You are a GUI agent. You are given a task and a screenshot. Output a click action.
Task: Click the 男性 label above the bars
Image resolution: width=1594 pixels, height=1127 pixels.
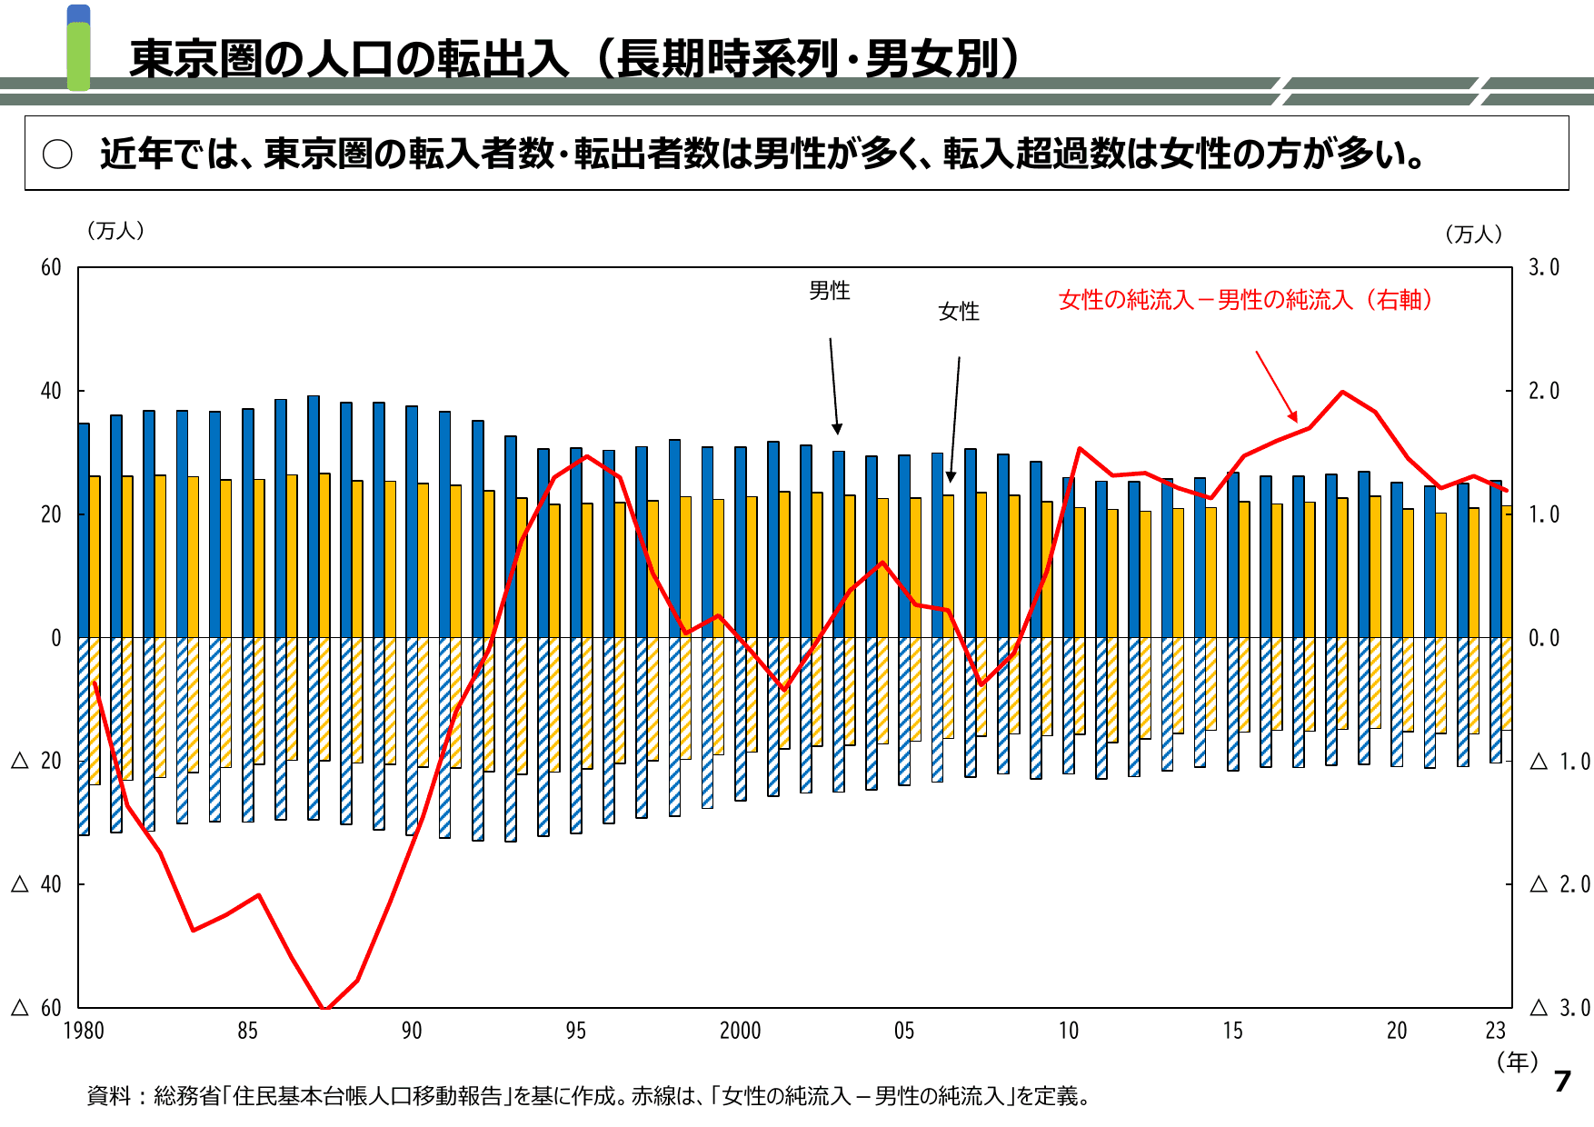tap(829, 291)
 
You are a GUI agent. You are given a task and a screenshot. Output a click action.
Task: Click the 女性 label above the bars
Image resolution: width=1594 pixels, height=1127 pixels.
tap(958, 312)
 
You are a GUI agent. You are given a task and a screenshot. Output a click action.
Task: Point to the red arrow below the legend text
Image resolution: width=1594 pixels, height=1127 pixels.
tap(1276, 386)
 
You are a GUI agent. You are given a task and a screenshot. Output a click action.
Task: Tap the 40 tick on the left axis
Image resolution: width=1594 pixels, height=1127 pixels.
tap(51, 392)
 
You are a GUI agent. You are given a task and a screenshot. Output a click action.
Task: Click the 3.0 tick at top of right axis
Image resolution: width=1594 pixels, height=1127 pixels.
tap(1543, 267)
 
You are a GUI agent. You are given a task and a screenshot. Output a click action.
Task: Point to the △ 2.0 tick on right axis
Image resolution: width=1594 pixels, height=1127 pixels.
tap(1559, 884)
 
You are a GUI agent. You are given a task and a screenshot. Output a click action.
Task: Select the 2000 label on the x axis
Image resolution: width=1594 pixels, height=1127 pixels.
tap(740, 1031)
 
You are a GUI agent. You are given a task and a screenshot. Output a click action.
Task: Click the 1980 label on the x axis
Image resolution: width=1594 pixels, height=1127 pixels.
tap(84, 1031)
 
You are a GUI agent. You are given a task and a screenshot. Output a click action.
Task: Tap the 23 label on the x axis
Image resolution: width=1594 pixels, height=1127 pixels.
tap(1495, 1031)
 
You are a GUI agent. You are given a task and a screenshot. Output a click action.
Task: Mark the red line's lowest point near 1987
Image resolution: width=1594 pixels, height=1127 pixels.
tap(325, 1007)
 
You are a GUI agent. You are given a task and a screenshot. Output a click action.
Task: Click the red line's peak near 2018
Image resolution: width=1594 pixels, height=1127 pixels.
tap(1342, 393)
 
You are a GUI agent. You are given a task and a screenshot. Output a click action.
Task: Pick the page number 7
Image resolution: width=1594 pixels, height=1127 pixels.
tap(1562, 1081)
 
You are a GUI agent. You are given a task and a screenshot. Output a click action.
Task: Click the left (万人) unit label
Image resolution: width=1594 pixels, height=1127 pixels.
tap(115, 231)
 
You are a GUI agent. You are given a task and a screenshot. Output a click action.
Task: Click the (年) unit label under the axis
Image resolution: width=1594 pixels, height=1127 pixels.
tap(1517, 1062)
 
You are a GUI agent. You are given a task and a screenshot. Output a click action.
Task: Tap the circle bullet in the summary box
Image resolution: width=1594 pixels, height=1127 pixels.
tap(57, 155)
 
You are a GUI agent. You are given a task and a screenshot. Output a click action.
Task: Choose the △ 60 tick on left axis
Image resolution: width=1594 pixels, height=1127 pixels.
tap(36, 1008)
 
